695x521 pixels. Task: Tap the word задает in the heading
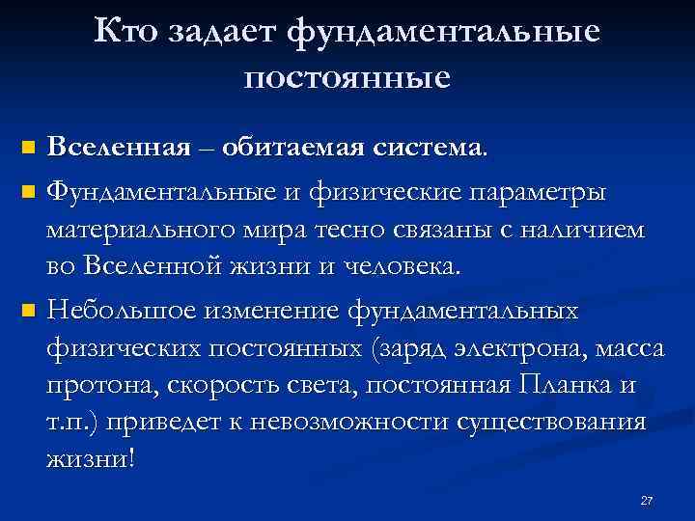click(226, 33)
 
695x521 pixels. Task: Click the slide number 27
click(647, 501)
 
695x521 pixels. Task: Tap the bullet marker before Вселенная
click(27, 150)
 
